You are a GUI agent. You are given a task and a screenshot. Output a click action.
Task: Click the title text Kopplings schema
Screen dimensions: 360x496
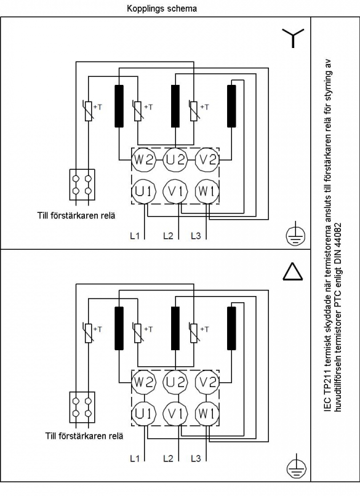tap(162, 9)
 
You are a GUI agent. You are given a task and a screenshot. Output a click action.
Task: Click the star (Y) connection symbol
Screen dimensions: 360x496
tap(293, 38)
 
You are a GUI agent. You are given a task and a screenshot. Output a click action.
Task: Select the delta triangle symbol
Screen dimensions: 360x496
tap(293, 271)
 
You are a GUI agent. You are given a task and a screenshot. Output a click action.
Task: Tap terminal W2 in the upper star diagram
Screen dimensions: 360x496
tap(143, 160)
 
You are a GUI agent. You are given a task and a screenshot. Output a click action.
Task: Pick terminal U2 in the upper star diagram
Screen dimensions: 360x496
tap(175, 160)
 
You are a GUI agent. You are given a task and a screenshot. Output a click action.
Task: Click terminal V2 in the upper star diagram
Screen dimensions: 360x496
tap(207, 160)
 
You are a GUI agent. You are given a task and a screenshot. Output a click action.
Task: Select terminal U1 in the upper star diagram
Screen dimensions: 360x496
tap(143, 191)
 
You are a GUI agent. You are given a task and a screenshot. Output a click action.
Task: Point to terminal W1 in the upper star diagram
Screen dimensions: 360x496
tap(207, 191)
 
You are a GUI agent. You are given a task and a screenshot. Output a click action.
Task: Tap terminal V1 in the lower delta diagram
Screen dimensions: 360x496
tap(175, 414)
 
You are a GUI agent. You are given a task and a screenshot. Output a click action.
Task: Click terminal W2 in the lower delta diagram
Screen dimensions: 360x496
tap(143, 382)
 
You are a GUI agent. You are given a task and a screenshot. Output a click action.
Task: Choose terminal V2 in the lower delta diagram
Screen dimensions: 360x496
tap(207, 382)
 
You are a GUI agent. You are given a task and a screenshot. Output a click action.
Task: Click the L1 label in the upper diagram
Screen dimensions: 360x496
tap(135, 236)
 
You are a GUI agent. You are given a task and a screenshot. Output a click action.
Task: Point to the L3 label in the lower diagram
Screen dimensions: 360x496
tap(196, 458)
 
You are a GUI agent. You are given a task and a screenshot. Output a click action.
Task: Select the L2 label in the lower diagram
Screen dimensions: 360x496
tap(168, 458)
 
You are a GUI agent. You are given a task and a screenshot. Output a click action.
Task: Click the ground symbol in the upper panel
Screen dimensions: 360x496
tap(295, 236)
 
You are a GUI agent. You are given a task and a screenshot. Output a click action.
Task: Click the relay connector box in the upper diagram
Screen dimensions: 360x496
tap(82, 185)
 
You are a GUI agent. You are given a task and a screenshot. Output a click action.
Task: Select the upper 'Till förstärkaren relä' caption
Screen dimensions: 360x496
tap(76, 216)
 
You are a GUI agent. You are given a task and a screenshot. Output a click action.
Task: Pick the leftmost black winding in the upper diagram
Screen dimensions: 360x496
tap(119, 106)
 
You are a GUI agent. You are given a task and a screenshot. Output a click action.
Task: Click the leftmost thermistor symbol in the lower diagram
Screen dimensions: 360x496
tap(89, 333)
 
